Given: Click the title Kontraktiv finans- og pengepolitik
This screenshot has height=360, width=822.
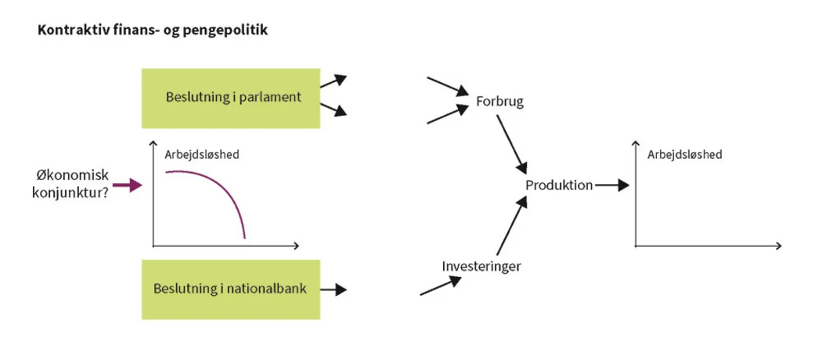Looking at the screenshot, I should tap(153, 31).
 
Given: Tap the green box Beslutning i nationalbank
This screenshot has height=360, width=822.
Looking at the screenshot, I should tap(231, 289).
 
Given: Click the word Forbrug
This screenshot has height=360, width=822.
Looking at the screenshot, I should tap(499, 102).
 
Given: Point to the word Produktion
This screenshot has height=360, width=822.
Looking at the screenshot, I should tap(559, 185).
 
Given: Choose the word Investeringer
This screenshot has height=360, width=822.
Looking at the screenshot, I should tap(481, 266).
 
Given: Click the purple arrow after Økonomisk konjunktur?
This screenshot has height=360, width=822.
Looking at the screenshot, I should tap(127, 185).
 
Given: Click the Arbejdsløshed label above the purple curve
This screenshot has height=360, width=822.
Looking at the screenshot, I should tap(201, 154).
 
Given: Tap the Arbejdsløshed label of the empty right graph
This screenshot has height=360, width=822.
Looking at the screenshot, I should tap(684, 154).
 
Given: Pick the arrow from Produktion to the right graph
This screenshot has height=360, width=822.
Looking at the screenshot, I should tap(612, 185).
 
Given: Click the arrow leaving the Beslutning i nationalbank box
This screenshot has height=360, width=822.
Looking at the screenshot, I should tap(333, 289).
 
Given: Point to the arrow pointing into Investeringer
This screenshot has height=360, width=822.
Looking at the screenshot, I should tap(441, 286).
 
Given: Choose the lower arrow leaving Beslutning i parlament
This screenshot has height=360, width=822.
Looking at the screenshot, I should tap(333, 109).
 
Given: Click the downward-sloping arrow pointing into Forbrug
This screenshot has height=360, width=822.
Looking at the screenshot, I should tap(446, 86).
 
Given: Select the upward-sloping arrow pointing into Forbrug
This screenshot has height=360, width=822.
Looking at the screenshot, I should tap(446, 114).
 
